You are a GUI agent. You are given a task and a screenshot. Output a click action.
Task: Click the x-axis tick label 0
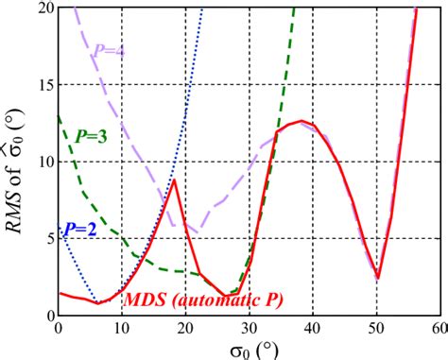[x=60, y=328]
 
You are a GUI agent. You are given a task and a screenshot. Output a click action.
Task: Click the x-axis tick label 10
[x=122, y=328]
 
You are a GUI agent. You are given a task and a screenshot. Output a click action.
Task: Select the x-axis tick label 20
[x=185, y=328]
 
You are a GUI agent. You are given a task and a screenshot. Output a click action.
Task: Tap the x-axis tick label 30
[x=250, y=328]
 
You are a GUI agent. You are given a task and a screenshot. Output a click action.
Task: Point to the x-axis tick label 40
[x=313, y=328]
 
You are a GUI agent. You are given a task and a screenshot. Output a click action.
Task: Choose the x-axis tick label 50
[x=376, y=328]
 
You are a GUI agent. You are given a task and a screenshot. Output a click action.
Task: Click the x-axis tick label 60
[x=439, y=328]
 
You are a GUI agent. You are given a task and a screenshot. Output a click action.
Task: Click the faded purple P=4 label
[x=110, y=50]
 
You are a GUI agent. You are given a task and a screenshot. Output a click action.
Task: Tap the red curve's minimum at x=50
[x=377, y=278]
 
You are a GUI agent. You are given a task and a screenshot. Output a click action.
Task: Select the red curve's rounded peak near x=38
[x=302, y=121]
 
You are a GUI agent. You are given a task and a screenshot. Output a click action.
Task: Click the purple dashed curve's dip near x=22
[x=197, y=231]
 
